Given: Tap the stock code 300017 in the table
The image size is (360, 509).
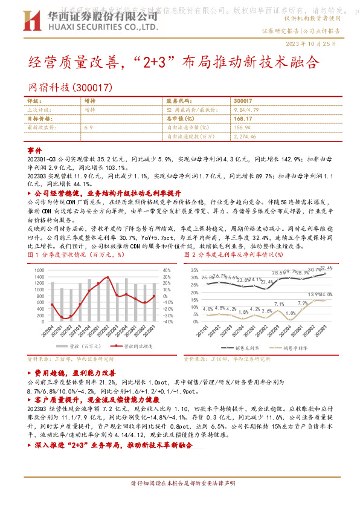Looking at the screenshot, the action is (242, 101).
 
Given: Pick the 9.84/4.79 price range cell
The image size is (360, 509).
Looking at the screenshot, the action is (247, 110).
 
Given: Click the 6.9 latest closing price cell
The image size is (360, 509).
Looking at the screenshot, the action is (89, 128).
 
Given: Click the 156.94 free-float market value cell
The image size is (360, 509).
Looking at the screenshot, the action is (242, 128).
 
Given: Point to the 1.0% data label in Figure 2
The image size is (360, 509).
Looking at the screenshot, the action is (290, 313).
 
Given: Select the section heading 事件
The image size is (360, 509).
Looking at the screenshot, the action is (35, 150).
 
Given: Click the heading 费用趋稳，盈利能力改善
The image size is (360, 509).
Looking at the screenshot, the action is (76, 374).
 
